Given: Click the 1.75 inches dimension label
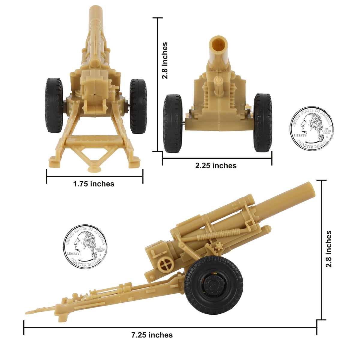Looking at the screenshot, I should tap(94, 184).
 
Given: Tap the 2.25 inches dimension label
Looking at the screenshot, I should tap(216, 166).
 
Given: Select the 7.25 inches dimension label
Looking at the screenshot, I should tap(152, 335).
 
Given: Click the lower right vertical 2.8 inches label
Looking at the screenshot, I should tap(329, 249).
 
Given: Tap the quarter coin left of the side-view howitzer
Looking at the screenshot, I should tap(85, 246).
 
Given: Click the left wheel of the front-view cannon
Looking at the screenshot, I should tap(172, 123).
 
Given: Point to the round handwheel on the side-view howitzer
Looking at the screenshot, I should tap(166, 265).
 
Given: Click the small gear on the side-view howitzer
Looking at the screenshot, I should tap(219, 247).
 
